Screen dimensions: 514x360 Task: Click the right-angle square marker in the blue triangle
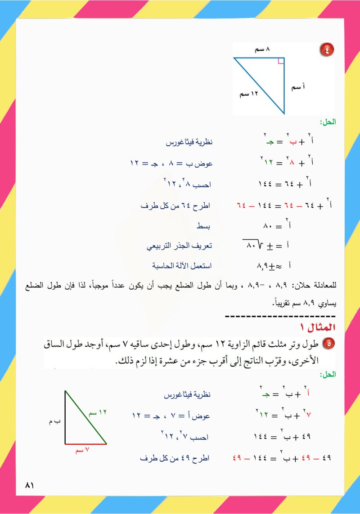281,61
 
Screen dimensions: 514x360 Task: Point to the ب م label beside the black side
54,422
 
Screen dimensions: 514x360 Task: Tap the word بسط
205,226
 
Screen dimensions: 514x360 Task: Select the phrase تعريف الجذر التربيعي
180,246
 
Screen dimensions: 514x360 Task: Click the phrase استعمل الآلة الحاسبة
182,266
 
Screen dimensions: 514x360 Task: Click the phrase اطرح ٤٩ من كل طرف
176,458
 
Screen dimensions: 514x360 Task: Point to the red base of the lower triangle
85,444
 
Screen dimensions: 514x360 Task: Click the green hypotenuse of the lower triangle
85,417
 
